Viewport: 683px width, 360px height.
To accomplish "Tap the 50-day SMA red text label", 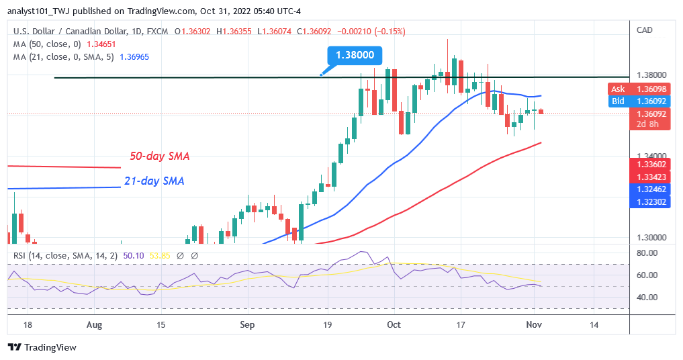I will [x=159, y=156].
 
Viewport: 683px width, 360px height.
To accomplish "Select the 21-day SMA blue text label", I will [x=154, y=181].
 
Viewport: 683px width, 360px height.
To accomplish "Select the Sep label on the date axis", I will [x=248, y=324].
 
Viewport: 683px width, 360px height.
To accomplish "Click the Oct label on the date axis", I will [x=394, y=324].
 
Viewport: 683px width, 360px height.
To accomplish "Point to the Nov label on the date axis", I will [x=535, y=324].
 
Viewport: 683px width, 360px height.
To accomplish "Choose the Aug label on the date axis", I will [x=95, y=324].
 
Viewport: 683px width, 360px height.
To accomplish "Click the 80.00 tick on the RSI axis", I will [x=647, y=253].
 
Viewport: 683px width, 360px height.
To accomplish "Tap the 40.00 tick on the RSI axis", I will [x=647, y=297].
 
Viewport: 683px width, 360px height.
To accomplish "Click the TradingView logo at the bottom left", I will [x=42, y=347].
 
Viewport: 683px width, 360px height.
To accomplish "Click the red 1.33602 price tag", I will [x=650, y=165].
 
